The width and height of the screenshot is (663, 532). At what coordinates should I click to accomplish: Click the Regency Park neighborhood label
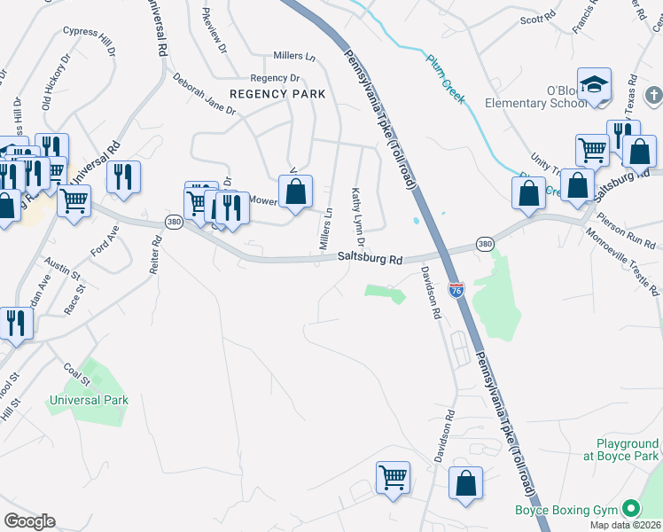click(277, 94)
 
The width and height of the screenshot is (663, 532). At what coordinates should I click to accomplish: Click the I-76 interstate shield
click(456, 290)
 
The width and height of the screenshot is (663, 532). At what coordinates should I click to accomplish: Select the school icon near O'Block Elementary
click(595, 86)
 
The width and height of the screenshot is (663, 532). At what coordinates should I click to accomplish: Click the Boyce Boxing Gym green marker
click(631, 509)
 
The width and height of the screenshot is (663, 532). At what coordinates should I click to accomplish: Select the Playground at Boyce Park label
click(627, 450)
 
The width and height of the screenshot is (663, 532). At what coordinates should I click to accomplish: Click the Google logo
click(29, 521)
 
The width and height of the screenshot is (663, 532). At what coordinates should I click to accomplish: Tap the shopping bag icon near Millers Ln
click(295, 191)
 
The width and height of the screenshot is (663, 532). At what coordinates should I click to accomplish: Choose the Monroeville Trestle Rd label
click(622, 262)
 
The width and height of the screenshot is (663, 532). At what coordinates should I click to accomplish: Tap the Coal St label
click(77, 373)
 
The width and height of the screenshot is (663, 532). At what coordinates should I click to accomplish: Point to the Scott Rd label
click(537, 18)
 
